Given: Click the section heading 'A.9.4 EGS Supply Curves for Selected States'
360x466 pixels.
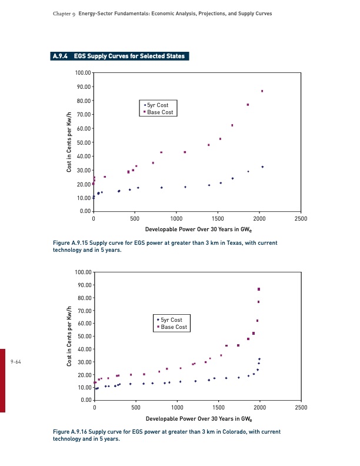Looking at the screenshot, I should click(120, 56).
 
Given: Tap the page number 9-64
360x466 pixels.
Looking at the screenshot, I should click(16, 361).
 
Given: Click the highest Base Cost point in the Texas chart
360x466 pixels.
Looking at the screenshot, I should click(262, 91).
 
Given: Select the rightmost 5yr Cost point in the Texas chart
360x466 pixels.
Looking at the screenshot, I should click(262, 167).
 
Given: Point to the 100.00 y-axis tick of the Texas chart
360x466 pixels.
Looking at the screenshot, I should click(83, 73).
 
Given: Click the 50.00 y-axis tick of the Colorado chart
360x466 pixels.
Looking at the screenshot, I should click(84, 337).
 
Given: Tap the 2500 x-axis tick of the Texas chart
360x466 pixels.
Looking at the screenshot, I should click(301, 219).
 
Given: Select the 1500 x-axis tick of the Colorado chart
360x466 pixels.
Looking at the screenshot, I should click(219, 407).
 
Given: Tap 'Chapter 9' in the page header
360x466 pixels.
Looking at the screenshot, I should click(57, 13).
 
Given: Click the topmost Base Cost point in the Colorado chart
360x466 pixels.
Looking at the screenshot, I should click(259, 289).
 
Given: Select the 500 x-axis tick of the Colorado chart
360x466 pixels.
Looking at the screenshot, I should click(136, 407).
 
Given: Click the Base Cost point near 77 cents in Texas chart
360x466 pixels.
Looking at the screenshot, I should click(248, 105).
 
